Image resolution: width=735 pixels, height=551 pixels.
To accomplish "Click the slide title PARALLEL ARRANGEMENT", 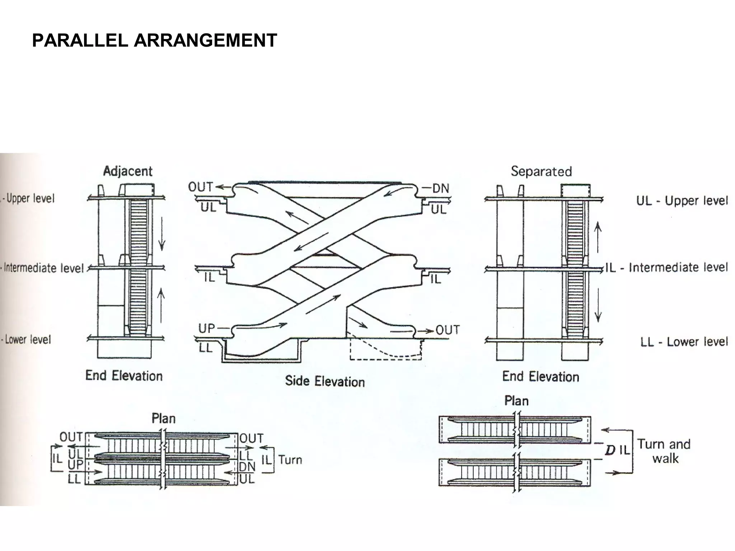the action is [155, 40].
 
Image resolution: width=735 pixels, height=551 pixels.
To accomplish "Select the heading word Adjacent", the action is [128, 171].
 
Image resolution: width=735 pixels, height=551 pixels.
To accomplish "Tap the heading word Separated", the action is [541, 171].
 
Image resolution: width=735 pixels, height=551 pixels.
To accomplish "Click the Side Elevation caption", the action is [325, 381].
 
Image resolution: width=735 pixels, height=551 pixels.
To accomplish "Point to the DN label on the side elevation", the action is [441, 188].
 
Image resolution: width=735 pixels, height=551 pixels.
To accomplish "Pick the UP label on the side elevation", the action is [207, 328].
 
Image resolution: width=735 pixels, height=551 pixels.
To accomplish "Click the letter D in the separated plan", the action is [610, 450].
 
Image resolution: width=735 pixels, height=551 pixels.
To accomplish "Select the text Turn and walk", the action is [664, 451].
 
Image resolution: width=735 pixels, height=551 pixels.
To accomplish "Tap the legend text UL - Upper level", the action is [682, 201].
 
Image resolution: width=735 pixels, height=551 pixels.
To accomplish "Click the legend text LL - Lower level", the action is [684, 342].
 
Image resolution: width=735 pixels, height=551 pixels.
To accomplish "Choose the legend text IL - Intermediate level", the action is [667, 268].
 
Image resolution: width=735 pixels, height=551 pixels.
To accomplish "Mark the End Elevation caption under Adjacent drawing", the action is [124, 376].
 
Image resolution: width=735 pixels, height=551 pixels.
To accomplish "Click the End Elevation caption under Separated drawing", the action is [540, 376].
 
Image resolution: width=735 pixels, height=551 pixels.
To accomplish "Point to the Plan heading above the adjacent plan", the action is [164, 419].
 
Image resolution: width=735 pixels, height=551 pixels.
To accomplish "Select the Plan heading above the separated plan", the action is [516, 401].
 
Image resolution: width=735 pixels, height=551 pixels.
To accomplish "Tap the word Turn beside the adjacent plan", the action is [290, 460].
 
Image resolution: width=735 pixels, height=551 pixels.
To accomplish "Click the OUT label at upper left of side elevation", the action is [201, 187].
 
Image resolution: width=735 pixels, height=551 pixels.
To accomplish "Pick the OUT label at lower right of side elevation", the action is [448, 330].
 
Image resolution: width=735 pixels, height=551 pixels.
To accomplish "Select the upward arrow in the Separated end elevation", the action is [598, 237].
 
